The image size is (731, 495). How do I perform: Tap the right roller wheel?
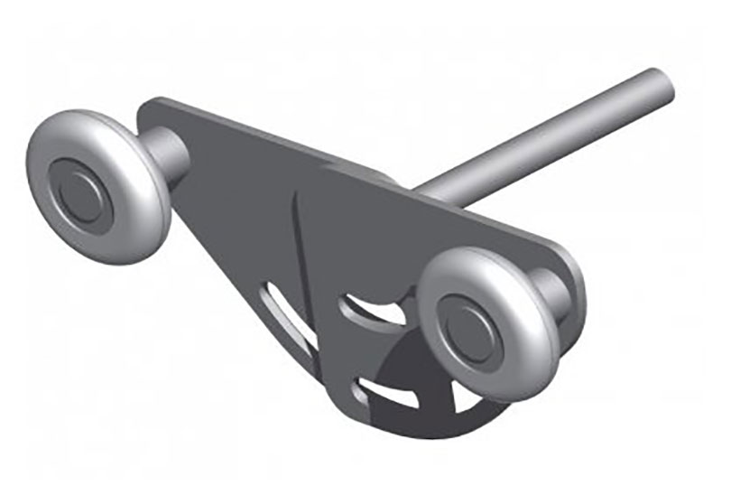tap(488, 322)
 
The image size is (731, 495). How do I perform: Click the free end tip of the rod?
tap(662, 84)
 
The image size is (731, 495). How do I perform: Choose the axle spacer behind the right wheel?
tap(550, 289)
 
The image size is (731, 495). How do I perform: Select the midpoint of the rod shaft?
tap(541, 135)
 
